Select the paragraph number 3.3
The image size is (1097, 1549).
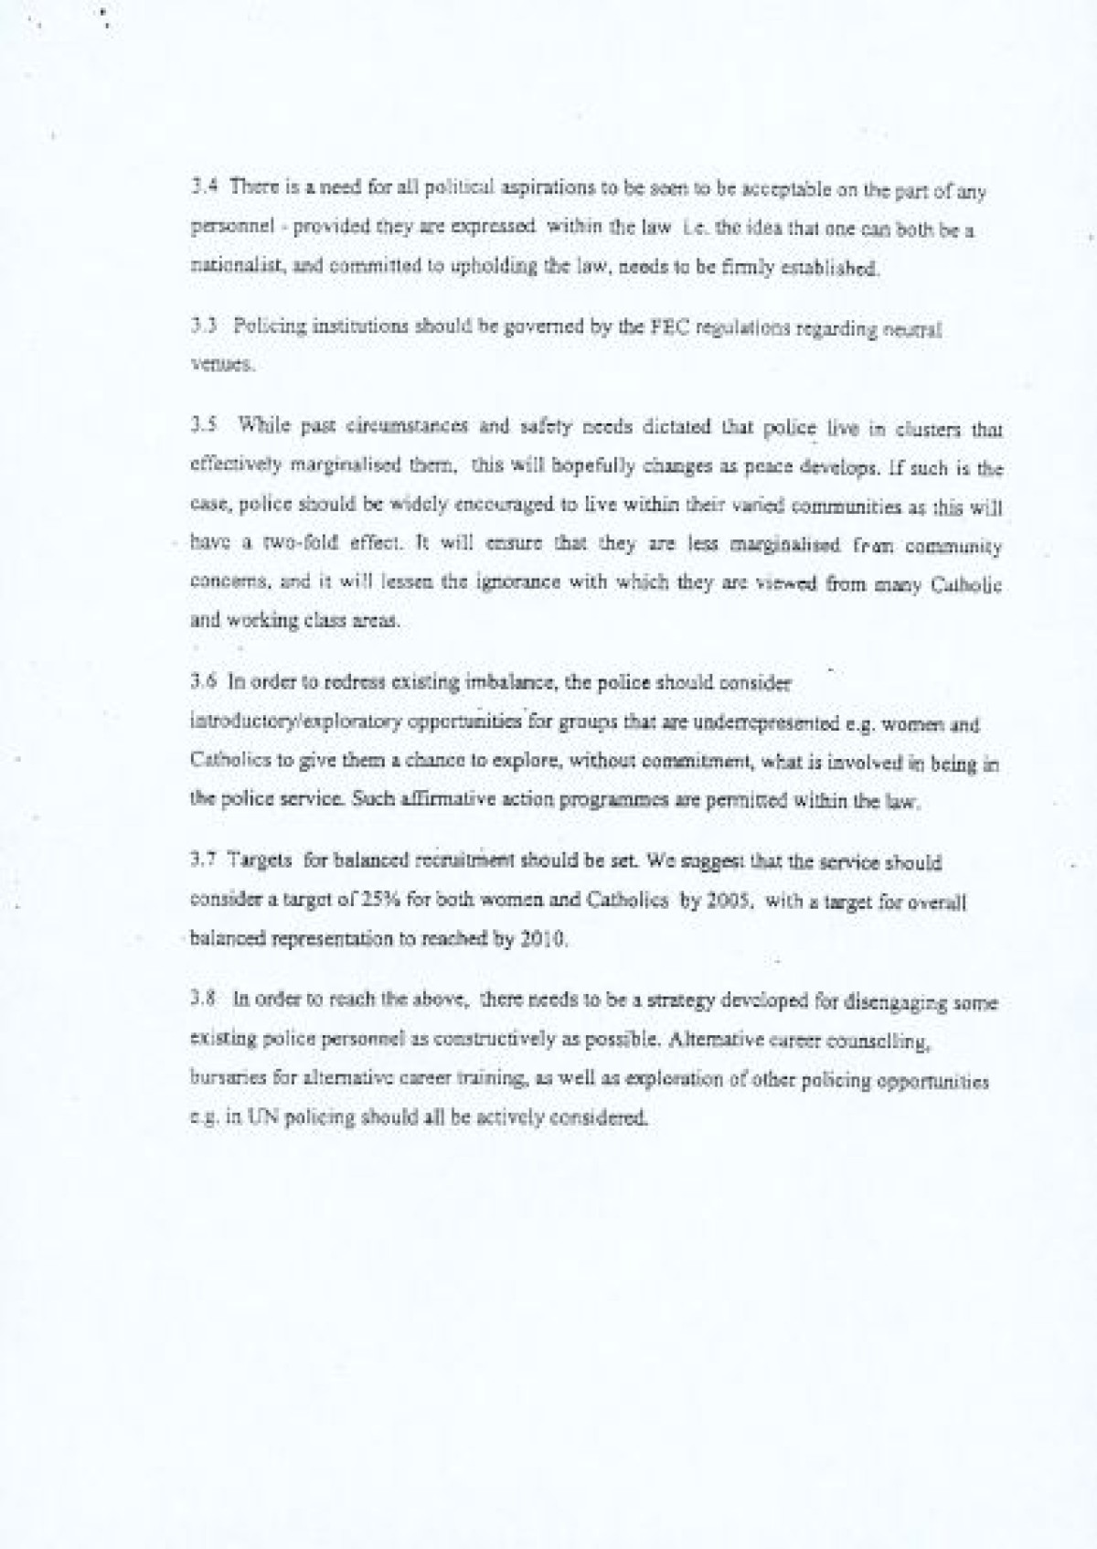point(201,327)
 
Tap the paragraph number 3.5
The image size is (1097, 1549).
point(201,426)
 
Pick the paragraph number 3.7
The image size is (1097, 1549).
point(201,861)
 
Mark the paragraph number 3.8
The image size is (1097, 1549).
point(201,1002)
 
